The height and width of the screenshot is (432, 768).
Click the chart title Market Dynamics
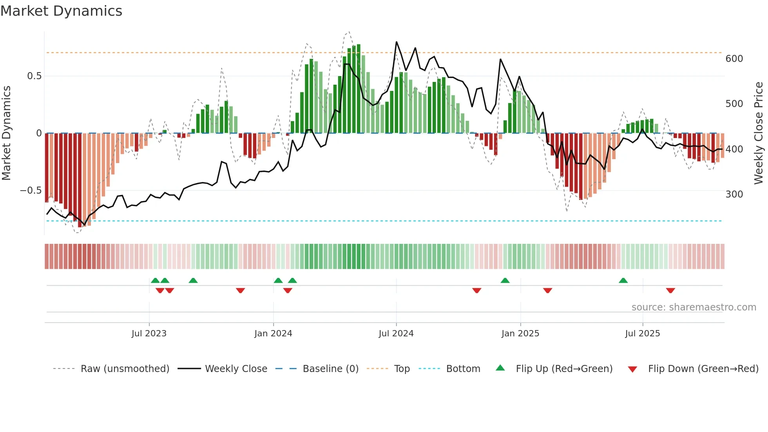62,11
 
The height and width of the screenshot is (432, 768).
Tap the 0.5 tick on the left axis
34,76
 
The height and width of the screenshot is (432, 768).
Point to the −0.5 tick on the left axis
31,191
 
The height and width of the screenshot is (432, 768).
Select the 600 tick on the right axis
734,59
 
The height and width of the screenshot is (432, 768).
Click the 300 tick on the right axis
734,194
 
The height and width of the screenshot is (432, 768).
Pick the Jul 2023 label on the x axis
149,334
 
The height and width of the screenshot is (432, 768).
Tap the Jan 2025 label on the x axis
520,334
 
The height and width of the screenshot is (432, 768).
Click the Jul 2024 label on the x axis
396,334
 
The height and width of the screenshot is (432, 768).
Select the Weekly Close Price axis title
759,133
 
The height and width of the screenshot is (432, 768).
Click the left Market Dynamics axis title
6,133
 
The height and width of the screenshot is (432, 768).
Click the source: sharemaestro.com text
694,307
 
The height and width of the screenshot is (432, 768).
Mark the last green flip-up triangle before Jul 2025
623,280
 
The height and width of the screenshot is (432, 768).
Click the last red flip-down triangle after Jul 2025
670,290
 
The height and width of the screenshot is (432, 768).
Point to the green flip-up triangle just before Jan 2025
505,280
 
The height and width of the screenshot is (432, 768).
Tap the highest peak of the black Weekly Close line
396,42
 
